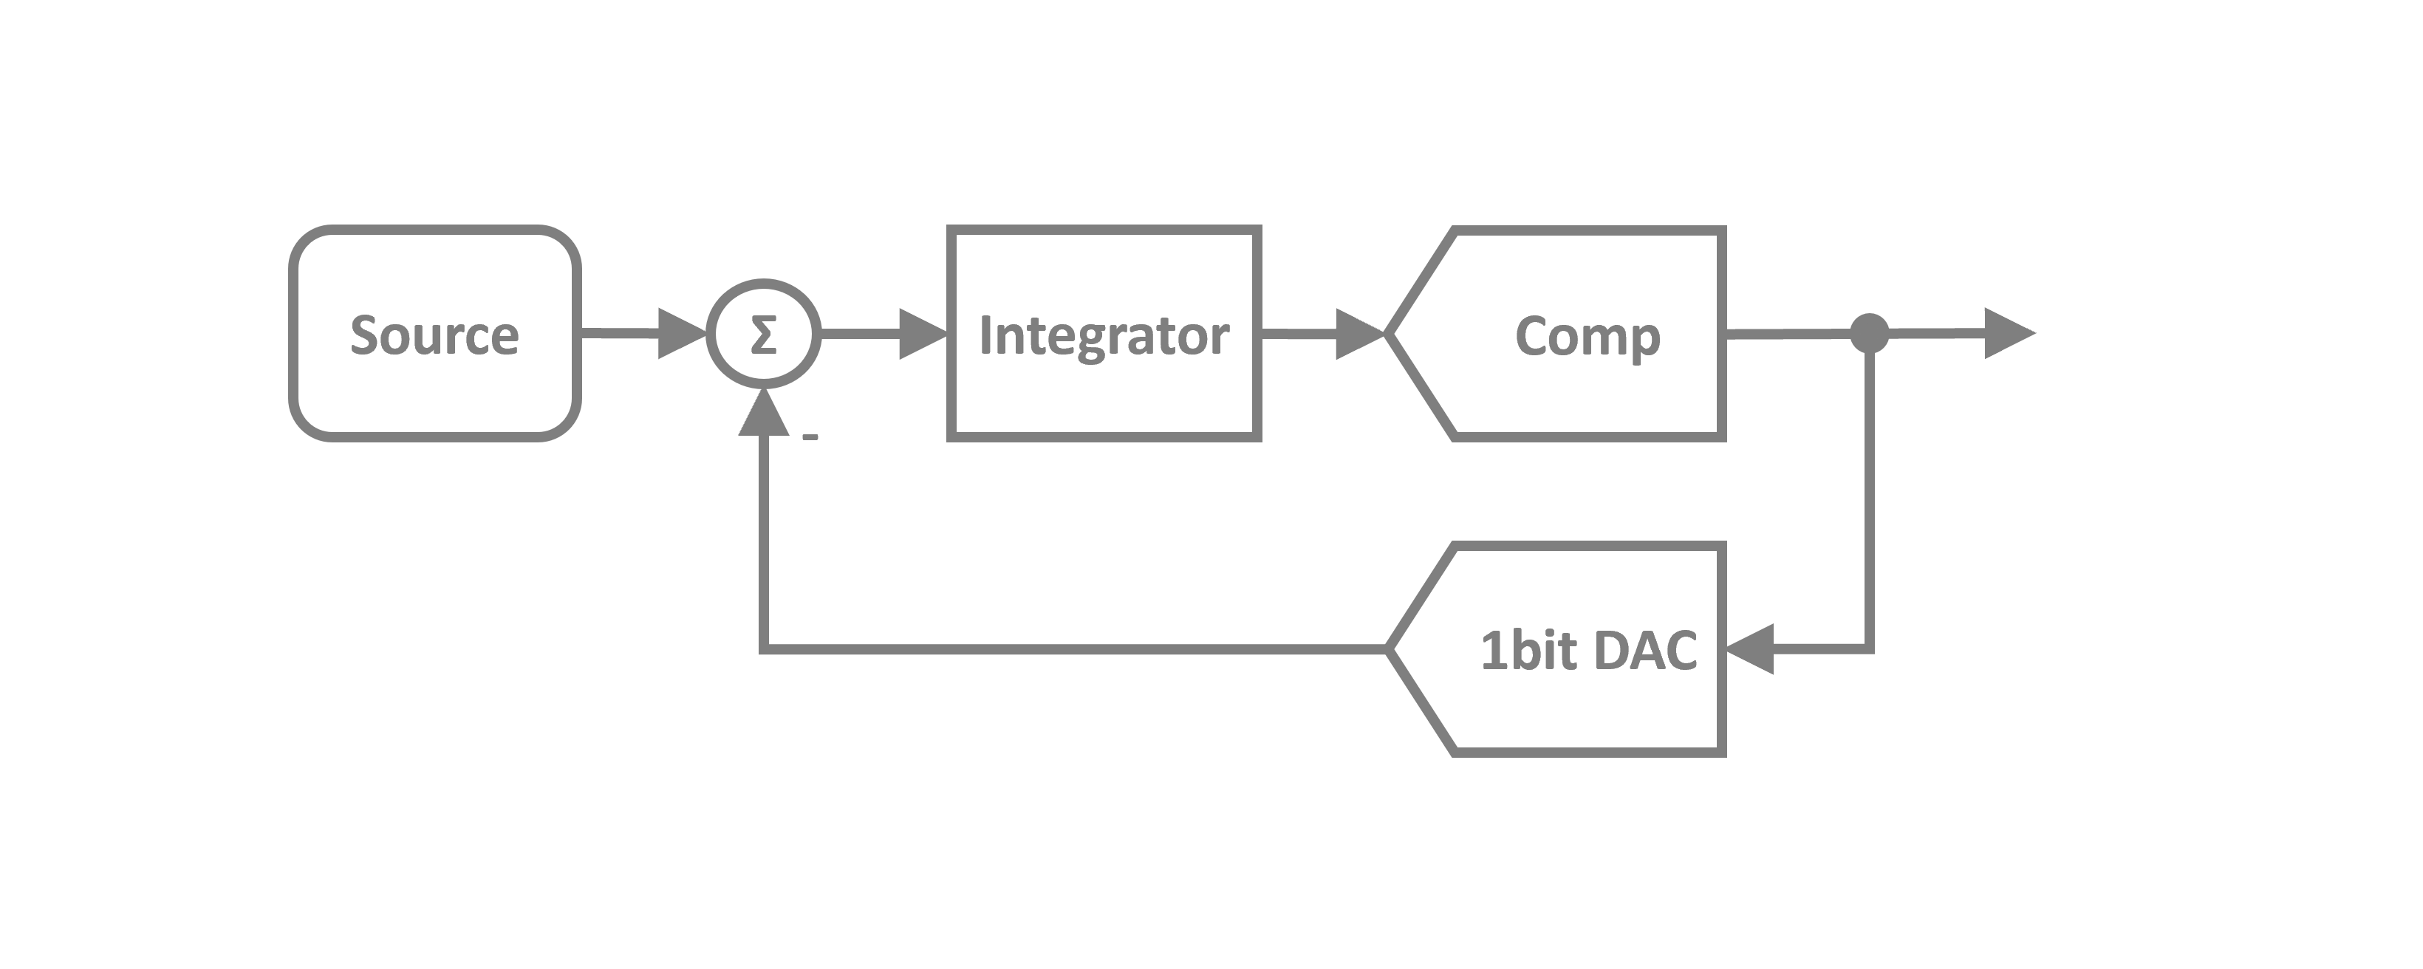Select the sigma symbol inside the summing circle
764,335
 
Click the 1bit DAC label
1589,650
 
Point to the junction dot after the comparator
1869,333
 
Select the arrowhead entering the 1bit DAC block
1749,649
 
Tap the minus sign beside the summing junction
810,437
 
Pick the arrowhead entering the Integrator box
922,333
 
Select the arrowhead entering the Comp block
1359,333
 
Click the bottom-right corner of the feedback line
1869,648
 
